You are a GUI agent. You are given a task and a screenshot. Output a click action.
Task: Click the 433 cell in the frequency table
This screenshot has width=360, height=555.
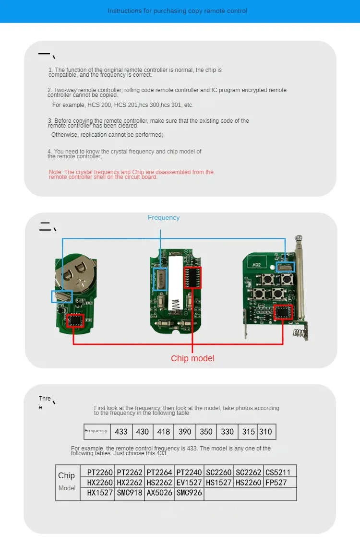pyautogui.click(x=121, y=431)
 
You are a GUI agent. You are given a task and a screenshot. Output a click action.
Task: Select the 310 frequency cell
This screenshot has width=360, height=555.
pyautogui.click(x=265, y=431)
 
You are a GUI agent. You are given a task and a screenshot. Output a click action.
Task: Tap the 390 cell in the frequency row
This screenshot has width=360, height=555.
pyautogui.click(x=185, y=431)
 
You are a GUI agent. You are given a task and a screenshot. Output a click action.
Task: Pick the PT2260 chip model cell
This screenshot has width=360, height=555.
pyautogui.click(x=100, y=472)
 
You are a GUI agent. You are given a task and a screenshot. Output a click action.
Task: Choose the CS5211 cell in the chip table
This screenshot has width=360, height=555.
pyautogui.click(x=278, y=472)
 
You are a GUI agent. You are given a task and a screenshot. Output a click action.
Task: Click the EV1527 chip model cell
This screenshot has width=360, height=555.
pyautogui.click(x=189, y=483)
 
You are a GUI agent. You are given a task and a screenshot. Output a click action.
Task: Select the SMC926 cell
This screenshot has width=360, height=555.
pyautogui.click(x=189, y=493)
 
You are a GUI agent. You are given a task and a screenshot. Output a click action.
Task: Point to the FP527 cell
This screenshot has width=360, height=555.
pyautogui.click(x=278, y=483)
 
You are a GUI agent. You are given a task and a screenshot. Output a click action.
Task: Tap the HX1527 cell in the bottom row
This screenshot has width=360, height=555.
pyautogui.click(x=100, y=493)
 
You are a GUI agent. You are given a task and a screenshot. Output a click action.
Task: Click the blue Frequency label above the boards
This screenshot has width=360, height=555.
pyautogui.click(x=164, y=217)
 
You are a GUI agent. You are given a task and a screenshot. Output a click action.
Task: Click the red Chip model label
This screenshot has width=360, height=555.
pyautogui.click(x=192, y=358)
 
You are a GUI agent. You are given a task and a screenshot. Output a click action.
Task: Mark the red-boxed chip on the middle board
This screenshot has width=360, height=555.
pyautogui.click(x=192, y=278)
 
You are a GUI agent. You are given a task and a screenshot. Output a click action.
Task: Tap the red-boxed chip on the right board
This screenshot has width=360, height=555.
pyautogui.click(x=282, y=312)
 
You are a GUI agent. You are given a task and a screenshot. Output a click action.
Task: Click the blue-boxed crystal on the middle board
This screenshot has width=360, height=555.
pyautogui.click(x=160, y=278)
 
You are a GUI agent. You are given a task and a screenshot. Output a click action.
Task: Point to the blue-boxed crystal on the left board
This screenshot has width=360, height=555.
pyautogui.click(x=62, y=296)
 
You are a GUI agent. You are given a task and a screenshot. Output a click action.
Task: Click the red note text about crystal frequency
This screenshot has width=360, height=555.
pyautogui.click(x=131, y=175)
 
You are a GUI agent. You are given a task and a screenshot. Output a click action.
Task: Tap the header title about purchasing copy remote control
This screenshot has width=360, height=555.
pyautogui.click(x=177, y=11)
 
